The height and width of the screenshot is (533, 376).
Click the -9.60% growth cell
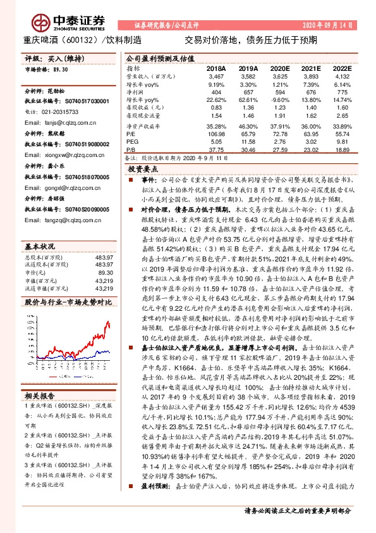pyautogui.click(x=278, y=100)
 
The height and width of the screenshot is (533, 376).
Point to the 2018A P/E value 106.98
pyautogui.click(x=215, y=134)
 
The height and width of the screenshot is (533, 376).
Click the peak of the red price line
pyautogui.click(x=107, y=322)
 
